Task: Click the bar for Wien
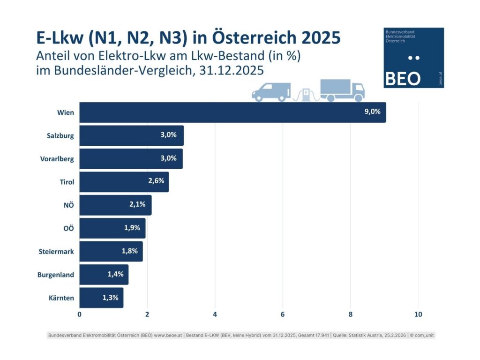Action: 232,112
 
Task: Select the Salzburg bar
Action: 131,135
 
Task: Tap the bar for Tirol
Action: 124,181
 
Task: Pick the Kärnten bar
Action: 101,298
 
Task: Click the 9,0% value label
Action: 372,112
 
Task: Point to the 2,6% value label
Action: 157,181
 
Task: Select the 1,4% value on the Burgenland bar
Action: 115,274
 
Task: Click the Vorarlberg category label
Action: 54,159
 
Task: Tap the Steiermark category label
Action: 56,252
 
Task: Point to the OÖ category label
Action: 68,228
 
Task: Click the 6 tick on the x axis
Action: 283,314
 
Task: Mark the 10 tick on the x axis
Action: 418,314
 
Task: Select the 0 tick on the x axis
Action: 80,314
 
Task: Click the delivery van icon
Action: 271,92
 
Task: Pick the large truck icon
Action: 342,90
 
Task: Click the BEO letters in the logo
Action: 402,78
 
